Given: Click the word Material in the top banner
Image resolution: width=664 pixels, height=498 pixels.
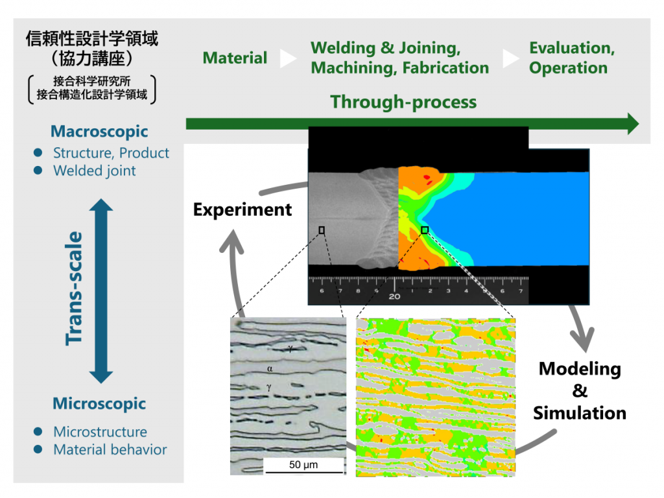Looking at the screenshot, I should pyautogui.click(x=235, y=58).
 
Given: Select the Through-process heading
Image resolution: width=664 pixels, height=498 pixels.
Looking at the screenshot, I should pyautogui.click(x=403, y=102).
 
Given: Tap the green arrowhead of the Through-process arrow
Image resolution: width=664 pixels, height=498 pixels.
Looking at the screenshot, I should pyautogui.click(x=632, y=123).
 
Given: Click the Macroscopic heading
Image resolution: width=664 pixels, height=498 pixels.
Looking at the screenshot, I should pyautogui.click(x=99, y=132).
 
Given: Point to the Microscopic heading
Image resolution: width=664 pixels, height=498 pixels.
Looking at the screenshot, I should pyautogui.click(x=99, y=404).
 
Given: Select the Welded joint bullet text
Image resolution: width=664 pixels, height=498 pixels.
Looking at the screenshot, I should pyautogui.click(x=95, y=171).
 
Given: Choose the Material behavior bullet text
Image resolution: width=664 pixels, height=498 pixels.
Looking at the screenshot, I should pyautogui.click(x=110, y=449).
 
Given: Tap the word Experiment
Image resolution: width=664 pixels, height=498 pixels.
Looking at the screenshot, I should pyautogui.click(x=243, y=210).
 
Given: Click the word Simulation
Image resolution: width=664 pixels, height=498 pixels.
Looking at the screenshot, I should pyautogui.click(x=580, y=413).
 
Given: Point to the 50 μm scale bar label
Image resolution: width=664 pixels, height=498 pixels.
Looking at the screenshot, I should pyautogui.click(x=303, y=465).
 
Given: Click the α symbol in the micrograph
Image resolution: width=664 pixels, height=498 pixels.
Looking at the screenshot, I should pyautogui.click(x=269, y=368).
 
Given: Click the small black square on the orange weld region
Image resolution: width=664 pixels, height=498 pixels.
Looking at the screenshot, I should pyautogui.click(x=425, y=230).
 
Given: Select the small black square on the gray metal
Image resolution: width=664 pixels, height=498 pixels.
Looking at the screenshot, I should pyautogui.click(x=322, y=230).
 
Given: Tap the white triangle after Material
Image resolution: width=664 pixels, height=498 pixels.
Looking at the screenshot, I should pyautogui.click(x=288, y=59).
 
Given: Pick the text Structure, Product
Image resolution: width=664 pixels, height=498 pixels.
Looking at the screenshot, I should pyautogui.click(x=111, y=154).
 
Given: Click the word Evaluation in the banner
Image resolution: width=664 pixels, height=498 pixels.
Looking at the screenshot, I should pyautogui.click(x=571, y=49).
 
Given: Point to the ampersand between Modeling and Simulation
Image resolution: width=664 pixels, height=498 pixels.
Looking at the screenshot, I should pyautogui.click(x=580, y=391).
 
